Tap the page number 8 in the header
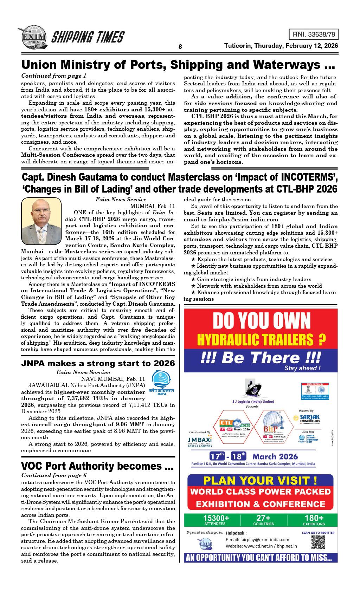click(180, 47)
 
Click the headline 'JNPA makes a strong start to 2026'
click(98, 363)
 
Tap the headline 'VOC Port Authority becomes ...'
click(97, 466)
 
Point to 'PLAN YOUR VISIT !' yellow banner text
click(261, 480)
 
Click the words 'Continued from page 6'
click(54, 475)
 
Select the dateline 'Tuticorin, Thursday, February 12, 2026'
click(281, 46)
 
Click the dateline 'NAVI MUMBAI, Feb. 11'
click(113, 379)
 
